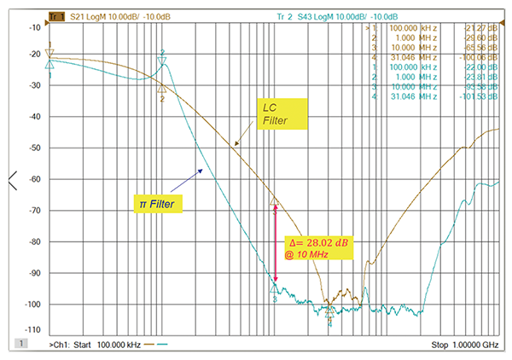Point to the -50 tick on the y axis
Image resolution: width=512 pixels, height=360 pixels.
pyautogui.click(x=36, y=148)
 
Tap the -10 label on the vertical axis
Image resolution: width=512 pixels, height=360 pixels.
pyautogui.click(x=36, y=28)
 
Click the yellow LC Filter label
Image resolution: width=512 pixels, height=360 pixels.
pyautogui.click(x=277, y=113)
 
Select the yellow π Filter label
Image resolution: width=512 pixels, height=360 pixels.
pyautogui.click(x=160, y=203)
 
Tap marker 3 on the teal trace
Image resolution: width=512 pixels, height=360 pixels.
pyautogui.click(x=275, y=288)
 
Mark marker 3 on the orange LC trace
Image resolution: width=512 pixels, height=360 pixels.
pyautogui.click(x=275, y=201)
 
